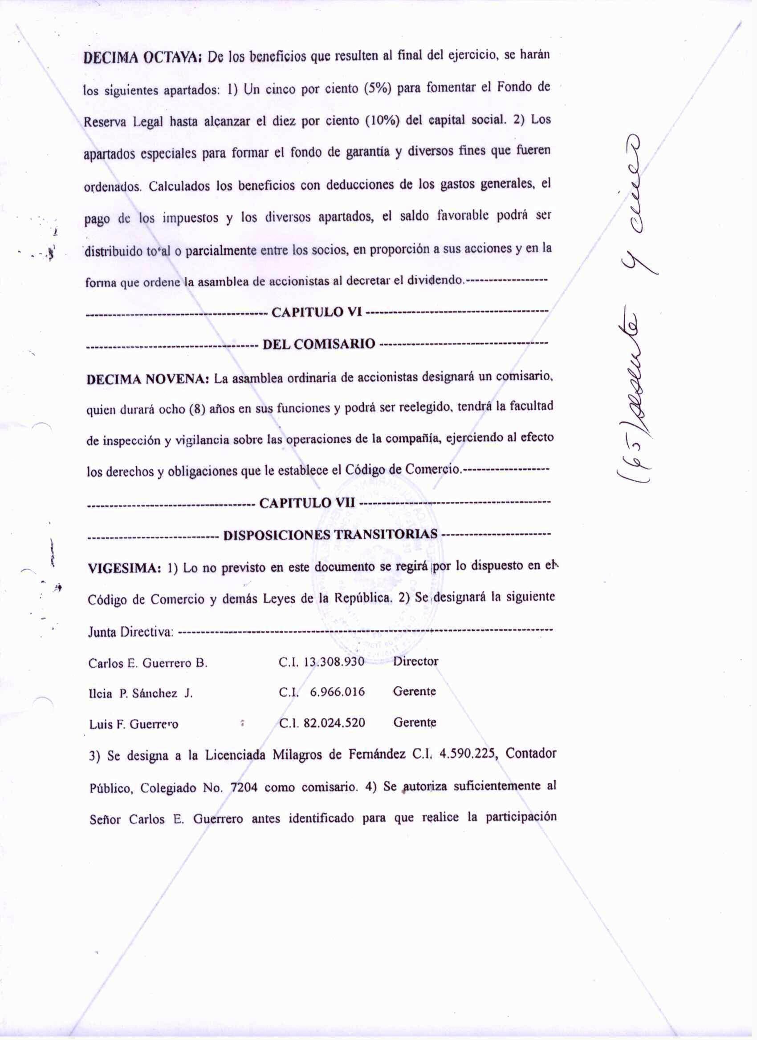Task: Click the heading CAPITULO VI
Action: [x=317, y=313]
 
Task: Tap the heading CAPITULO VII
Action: [x=308, y=503]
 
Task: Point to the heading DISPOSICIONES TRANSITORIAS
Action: [x=330, y=535]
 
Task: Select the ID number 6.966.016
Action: [x=338, y=692]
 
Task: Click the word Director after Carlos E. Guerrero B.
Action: [x=415, y=661]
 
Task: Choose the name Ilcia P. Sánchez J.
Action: [x=140, y=693]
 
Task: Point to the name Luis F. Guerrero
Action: [x=134, y=725]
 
